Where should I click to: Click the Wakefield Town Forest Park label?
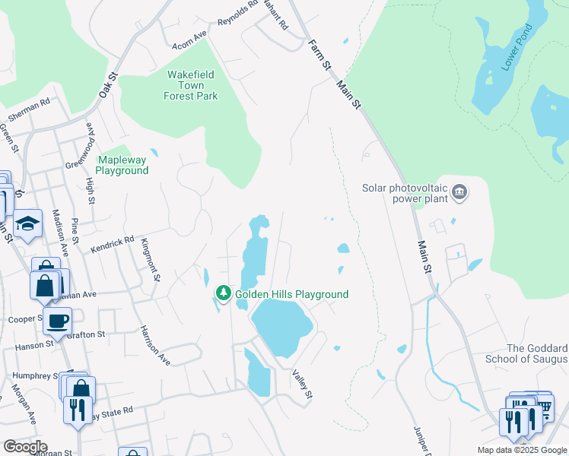tap(191, 85)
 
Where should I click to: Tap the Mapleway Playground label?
tap(122, 165)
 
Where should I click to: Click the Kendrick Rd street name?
tap(112, 242)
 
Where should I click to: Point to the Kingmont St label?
tap(149, 259)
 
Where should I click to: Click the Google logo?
tap(24, 447)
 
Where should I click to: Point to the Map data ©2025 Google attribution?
tap(521, 450)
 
